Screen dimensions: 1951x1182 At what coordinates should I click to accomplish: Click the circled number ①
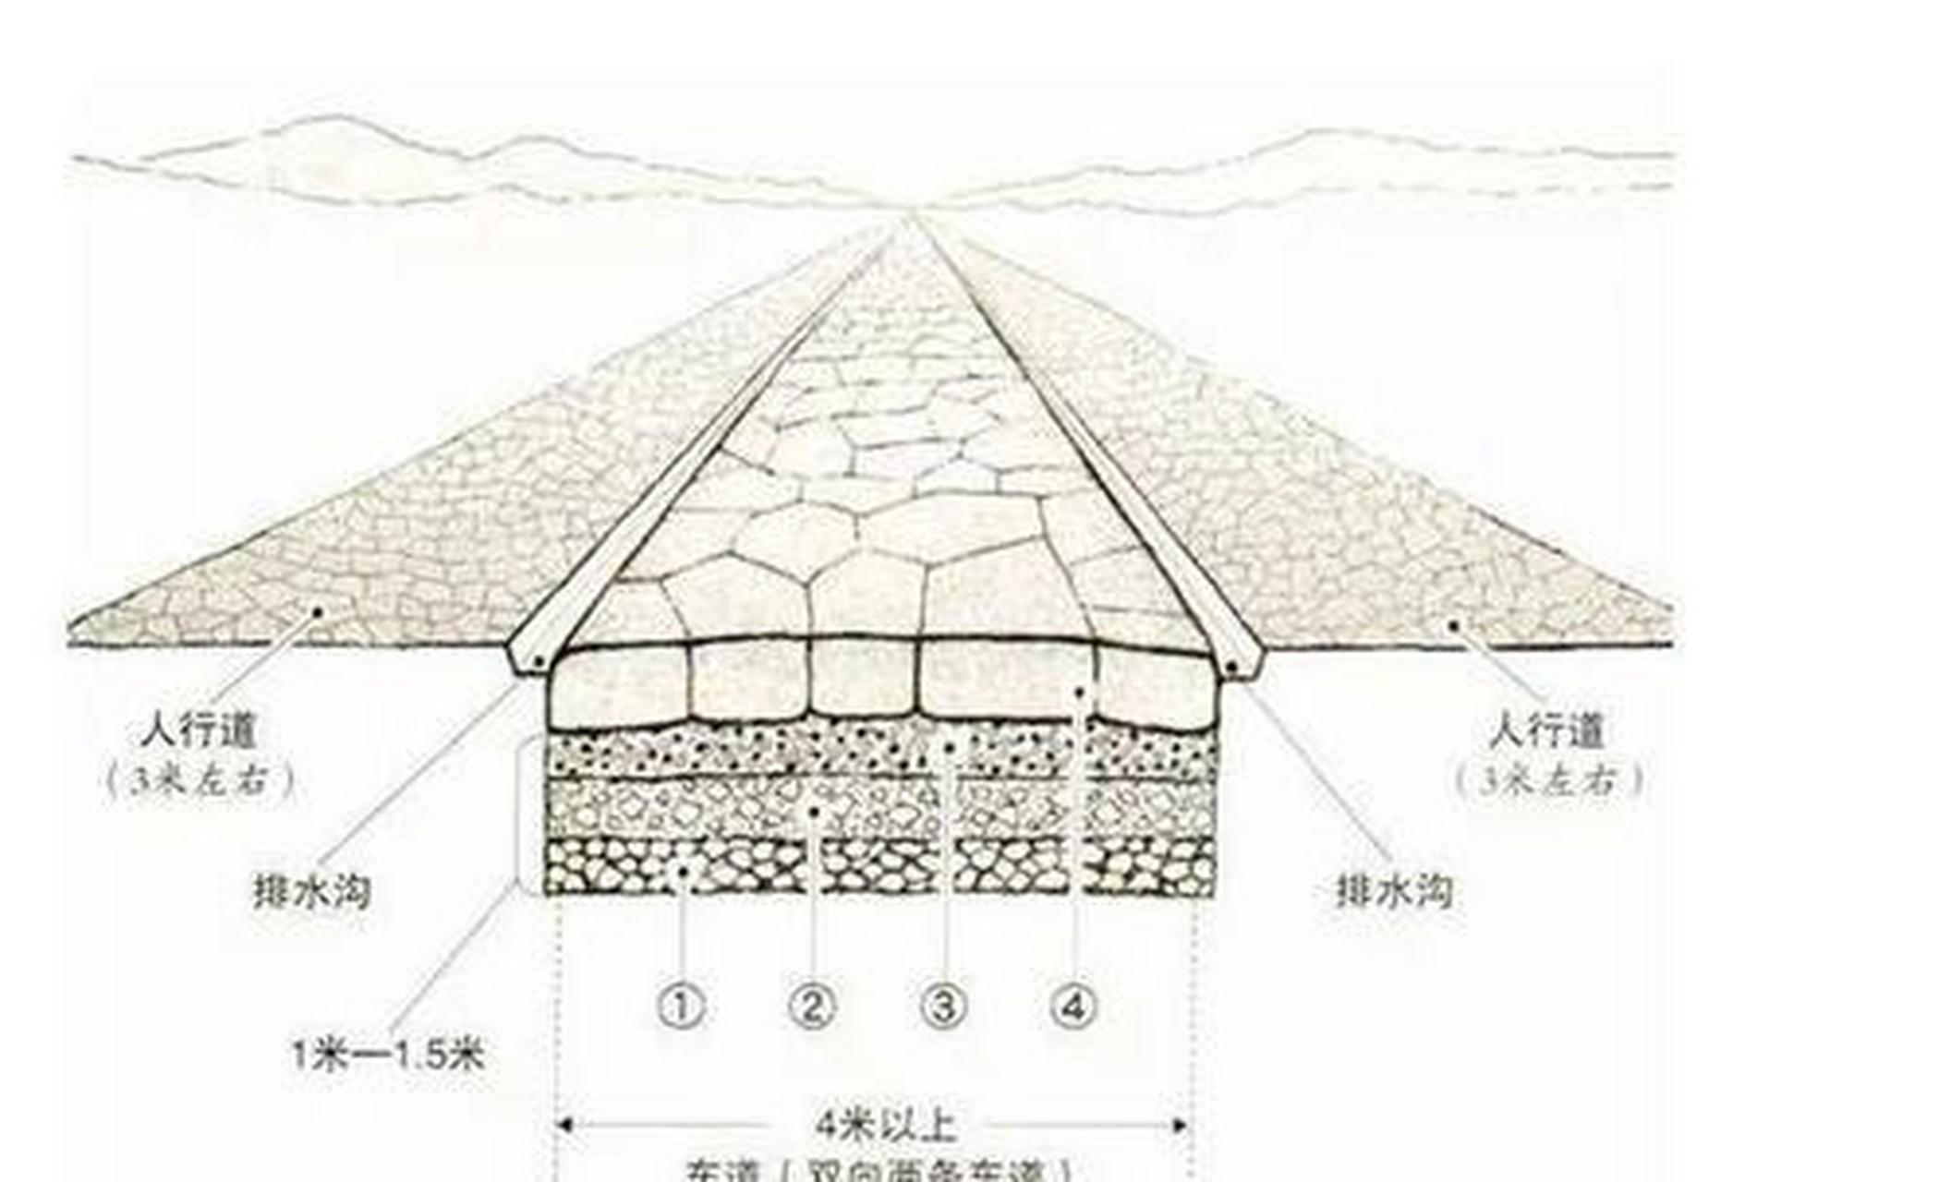pos(680,1007)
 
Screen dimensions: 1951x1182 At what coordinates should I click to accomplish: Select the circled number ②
pos(812,1007)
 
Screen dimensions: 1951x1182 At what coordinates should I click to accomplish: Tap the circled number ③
pos(943,1007)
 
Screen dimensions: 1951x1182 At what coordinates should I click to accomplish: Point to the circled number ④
pos(1074,1007)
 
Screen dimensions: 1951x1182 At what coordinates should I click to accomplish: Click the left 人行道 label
pos(199,734)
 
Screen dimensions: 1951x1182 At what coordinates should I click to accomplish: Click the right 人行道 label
pos(1546,734)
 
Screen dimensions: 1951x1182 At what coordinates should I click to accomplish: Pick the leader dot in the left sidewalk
pos(318,610)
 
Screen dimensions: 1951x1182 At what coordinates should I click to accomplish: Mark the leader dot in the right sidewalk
pos(1453,625)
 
